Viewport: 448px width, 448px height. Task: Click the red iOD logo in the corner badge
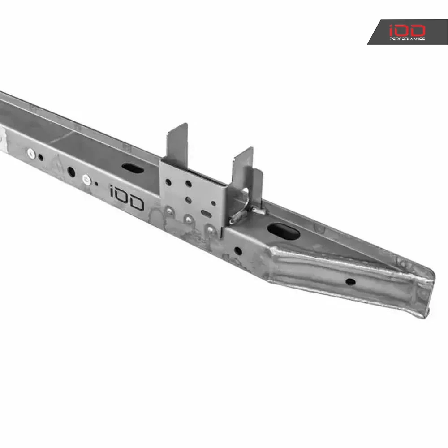pos(407,30)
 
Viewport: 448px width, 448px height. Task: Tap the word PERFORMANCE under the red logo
pos(407,39)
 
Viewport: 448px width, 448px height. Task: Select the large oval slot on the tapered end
pos(283,231)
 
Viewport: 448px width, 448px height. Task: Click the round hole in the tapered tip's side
pos(350,282)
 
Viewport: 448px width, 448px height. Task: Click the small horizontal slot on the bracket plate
pos(206,212)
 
